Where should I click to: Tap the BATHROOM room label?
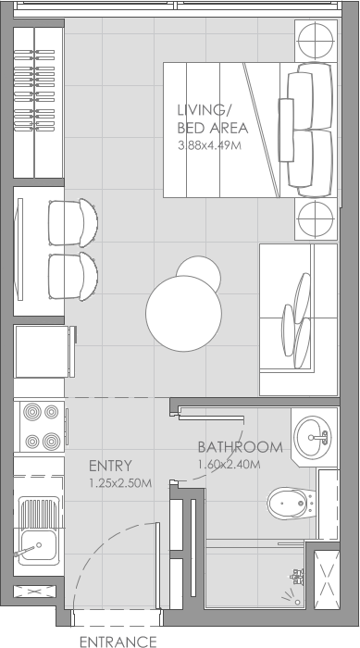click(240, 446)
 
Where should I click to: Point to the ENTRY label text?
click(110, 465)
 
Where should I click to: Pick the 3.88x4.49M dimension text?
click(209, 145)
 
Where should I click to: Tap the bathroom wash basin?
click(314, 433)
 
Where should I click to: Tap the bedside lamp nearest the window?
click(316, 41)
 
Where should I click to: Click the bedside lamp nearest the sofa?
click(316, 219)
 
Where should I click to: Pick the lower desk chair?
click(73, 275)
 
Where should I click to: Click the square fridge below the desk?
click(40, 351)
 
